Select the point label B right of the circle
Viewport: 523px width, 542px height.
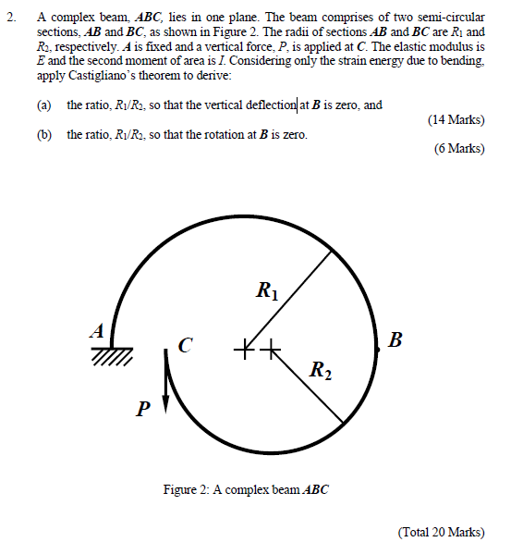coord(396,339)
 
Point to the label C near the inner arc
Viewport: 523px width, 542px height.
coord(186,347)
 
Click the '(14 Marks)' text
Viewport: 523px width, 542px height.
coord(456,120)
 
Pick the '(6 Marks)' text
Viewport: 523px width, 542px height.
coord(459,149)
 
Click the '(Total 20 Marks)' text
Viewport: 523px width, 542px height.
coord(441,531)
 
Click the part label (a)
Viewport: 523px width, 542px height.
coord(44,105)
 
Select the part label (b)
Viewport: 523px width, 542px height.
coord(44,135)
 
